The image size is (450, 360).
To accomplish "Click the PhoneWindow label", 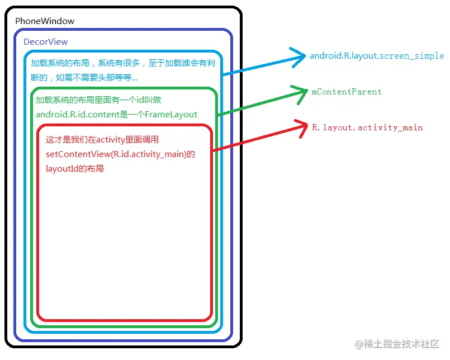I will click(45, 21).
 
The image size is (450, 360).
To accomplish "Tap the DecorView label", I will click(45, 42).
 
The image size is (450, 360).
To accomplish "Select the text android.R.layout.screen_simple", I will click(377, 56).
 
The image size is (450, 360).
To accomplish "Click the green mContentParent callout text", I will click(347, 92).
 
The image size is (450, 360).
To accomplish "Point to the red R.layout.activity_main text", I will click(367, 127).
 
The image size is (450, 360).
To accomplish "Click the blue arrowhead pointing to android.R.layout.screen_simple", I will click(300, 56).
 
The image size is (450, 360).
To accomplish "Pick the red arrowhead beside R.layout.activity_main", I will click(302, 127).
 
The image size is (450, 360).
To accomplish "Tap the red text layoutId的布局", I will click(75, 168).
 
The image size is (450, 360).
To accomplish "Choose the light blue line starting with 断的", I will click(84, 77).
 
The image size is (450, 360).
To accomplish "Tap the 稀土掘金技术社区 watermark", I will click(398, 344).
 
